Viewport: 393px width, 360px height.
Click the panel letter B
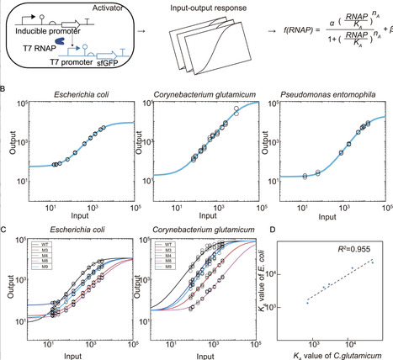coord(4,84)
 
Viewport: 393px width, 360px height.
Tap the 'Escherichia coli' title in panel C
coord(75,228)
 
